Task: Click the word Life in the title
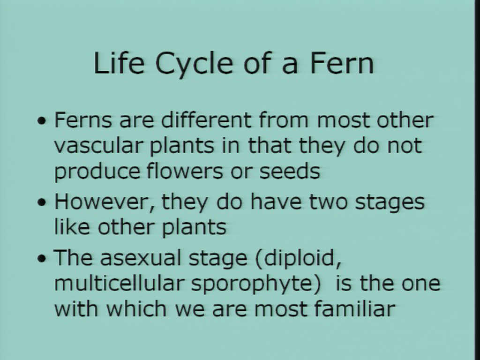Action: pyautogui.click(x=119, y=63)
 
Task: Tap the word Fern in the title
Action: pyautogui.click(x=342, y=63)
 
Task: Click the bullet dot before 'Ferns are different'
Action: pyautogui.click(x=42, y=120)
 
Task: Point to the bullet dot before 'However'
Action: pyautogui.click(x=42, y=202)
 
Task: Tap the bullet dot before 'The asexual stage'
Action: pyautogui.click(x=42, y=259)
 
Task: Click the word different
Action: pyautogui.click(x=206, y=120)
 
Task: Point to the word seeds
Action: pyautogui.click(x=290, y=171)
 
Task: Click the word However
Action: pyautogui.click(x=105, y=202)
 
